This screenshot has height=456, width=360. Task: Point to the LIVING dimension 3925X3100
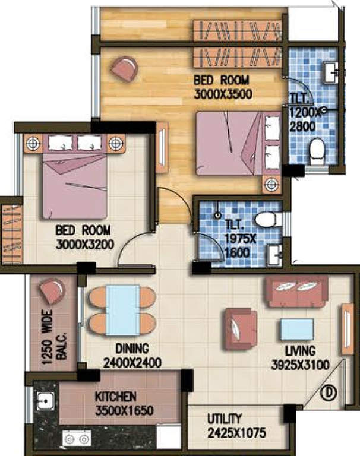click(x=299, y=365)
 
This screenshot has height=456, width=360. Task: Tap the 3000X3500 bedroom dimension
click(x=223, y=93)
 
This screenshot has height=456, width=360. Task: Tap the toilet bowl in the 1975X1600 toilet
click(x=266, y=220)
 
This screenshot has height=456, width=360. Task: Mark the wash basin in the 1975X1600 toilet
click(x=275, y=255)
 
